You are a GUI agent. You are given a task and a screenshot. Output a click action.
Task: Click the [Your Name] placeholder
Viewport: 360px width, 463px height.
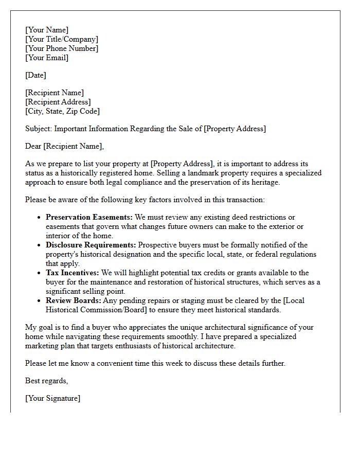click(x=47, y=30)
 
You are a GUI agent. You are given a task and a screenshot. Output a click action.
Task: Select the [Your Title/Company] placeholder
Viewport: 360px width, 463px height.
click(x=62, y=39)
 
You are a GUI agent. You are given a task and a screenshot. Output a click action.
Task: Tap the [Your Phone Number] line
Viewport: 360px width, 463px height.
click(x=62, y=48)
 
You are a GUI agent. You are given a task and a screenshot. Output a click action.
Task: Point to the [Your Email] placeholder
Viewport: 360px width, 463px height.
click(x=47, y=58)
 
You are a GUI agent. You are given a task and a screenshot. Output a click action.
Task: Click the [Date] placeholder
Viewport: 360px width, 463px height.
click(x=35, y=75)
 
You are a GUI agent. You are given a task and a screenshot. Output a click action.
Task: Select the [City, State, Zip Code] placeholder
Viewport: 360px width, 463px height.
click(x=62, y=111)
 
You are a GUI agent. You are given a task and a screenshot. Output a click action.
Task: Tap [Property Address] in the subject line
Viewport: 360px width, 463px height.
click(x=235, y=129)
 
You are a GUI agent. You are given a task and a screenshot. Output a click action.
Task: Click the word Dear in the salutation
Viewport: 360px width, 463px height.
click(x=33, y=146)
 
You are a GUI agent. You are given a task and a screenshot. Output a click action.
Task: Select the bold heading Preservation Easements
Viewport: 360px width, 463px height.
click(x=89, y=217)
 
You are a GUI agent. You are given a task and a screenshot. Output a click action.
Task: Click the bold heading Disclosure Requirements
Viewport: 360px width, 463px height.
click(x=91, y=245)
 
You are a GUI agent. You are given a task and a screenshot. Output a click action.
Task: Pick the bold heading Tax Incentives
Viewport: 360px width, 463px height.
click(x=73, y=273)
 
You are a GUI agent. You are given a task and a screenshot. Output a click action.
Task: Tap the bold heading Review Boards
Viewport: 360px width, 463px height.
click(x=73, y=300)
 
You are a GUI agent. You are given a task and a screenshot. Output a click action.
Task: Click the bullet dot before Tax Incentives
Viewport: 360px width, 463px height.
click(x=39, y=273)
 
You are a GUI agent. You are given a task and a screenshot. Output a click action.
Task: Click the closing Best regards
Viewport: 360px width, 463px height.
click(x=46, y=381)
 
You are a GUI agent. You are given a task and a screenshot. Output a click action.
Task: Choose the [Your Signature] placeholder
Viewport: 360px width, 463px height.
click(x=52, y=398)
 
